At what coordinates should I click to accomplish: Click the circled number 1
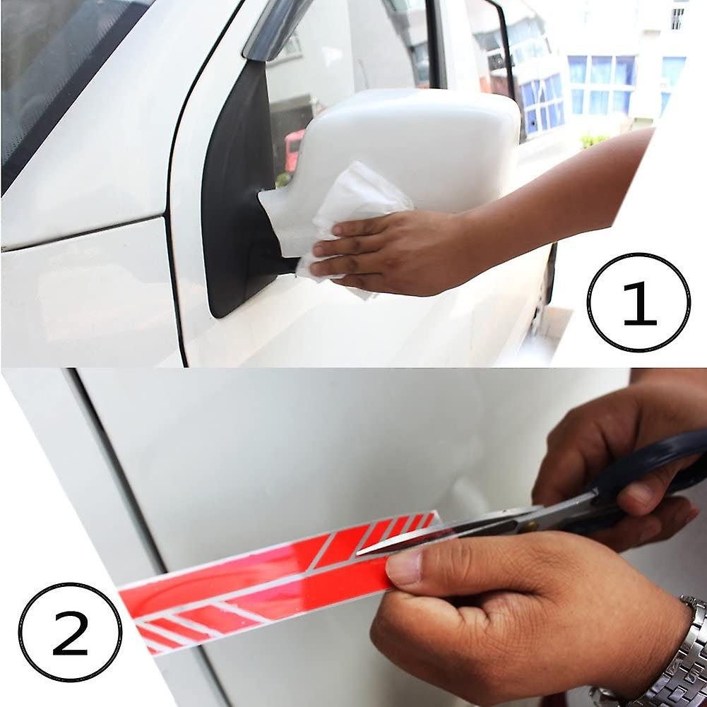click(x=638, y=302)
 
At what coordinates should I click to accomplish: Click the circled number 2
click(x=70, y=632)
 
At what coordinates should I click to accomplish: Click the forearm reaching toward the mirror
click(x=565, y=198)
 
